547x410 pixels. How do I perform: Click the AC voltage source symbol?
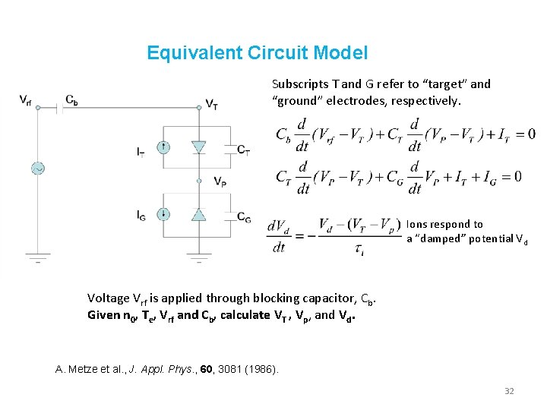click(x=36, y=168)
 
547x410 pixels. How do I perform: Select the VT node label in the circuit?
click(x=212, y=104)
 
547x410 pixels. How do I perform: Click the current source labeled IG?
click(x=163, y=215)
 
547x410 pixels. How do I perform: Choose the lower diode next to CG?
click(x=199, y=215)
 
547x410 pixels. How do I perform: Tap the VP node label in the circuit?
click(x=219, y=181)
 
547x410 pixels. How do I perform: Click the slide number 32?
click(x=509, y=391)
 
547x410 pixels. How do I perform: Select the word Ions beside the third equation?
click(x=416, y=224)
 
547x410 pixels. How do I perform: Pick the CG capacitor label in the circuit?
click(x=243, y=218)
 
